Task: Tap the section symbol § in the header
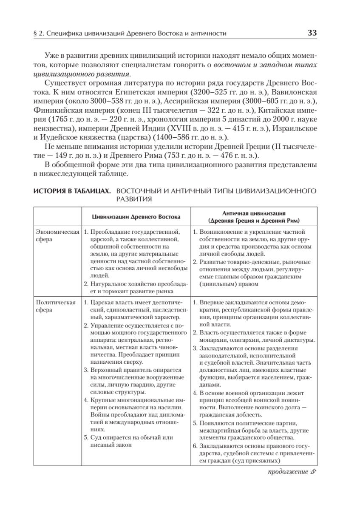tap(36, 34)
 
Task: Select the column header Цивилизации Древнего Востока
tap(136, 217)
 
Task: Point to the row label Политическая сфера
tap(56, 306)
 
